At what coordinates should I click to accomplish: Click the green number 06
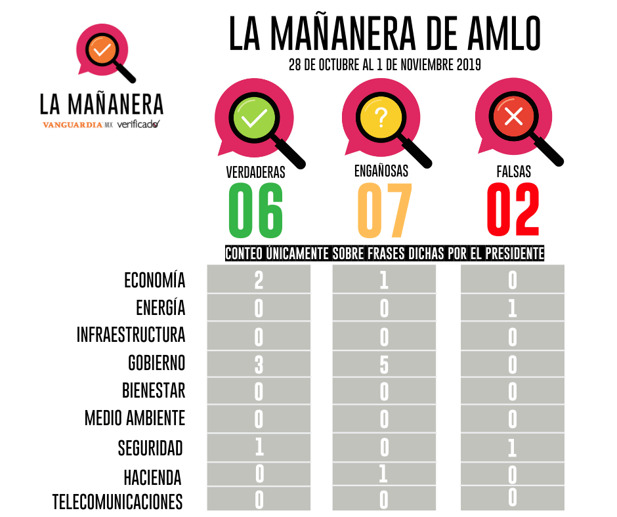coord(256,211)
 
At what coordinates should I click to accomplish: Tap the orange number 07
coord(384,211)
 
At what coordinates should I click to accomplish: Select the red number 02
coord(513,211)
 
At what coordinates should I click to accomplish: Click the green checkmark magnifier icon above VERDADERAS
coord(255,119)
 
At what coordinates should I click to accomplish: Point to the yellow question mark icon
coord(381,119)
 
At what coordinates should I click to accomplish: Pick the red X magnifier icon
coord(513,119)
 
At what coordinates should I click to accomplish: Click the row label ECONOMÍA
coord(155,280)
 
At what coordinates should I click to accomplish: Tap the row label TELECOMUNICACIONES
coord(117,502)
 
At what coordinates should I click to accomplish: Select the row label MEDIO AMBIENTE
coord(135,418)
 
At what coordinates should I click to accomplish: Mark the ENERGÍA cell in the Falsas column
coord(513,308)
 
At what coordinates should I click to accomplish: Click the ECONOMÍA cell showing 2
coord(259,280)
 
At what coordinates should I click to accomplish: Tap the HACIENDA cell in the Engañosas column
coord(384,474)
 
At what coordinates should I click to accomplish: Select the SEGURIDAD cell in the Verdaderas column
coord(259,447)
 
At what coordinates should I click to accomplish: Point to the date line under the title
coord(385,66)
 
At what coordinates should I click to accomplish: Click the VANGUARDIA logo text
coord(72,124)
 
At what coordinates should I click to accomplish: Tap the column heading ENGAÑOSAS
coord(381,171)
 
